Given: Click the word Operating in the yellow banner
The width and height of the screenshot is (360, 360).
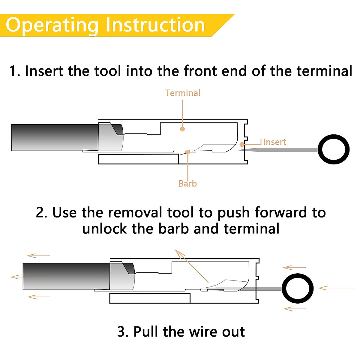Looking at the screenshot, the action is click(52, 26).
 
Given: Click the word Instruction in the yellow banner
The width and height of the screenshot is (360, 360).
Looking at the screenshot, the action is click(155, 25).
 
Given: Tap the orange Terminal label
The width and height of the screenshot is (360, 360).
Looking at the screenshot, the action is click(182, 93).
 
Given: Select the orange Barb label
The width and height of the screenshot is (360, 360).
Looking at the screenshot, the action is click(187, 184).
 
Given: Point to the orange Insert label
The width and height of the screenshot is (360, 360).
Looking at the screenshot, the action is click(274, 142).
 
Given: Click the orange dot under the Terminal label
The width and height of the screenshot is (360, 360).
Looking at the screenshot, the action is click(182, 129).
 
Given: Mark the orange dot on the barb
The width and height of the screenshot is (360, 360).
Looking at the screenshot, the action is click(187, 152).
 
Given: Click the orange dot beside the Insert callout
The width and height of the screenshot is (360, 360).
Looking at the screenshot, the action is click(242, 144).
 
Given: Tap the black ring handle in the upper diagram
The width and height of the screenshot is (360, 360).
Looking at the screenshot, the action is click(334, 149).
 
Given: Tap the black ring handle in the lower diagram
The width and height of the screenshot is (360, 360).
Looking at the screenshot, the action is click(297, 289).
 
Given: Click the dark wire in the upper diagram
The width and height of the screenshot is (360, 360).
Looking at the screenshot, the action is click(55, 137).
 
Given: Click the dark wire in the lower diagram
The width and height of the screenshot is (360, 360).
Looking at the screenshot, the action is click(66, 277).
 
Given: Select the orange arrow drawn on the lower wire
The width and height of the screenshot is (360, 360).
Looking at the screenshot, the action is click(28, 277).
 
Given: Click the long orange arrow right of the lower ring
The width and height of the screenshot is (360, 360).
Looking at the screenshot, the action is click(336, 288).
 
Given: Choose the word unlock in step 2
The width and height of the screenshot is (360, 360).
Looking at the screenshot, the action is click(104, 229).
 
